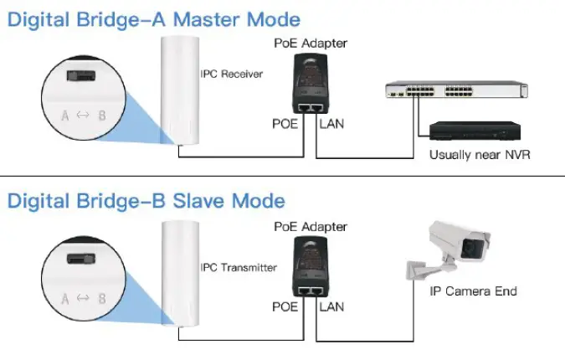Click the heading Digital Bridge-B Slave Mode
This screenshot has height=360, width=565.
click(146, 201)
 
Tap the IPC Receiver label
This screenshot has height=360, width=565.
click(232, 75)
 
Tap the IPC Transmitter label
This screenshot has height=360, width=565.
click(239, 268)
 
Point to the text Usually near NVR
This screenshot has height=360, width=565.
click(480, 155)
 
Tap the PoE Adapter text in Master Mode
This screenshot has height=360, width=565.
click(311, 43)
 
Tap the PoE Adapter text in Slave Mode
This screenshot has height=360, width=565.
click(311, 227)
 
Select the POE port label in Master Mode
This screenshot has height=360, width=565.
click(285, 125)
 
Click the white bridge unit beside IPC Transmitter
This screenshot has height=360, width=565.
click(177, 272)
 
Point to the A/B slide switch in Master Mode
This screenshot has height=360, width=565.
click(80, 75)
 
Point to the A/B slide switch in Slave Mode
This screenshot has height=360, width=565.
click(80, 258)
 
